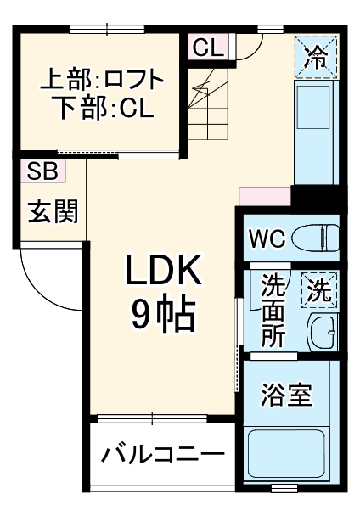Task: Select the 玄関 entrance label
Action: tap(53, 211)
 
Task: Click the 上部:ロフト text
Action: tap(102, 82)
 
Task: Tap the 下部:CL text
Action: tap(102, 110)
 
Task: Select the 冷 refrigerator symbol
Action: tap(316, 58)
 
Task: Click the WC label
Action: tap(265, 238)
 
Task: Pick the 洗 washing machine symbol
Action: tap(318, 290)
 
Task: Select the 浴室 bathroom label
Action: tap(287, 395)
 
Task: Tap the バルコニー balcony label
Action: tap(163, 454)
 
